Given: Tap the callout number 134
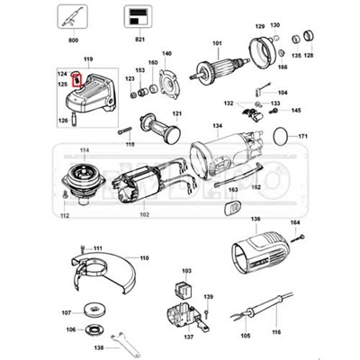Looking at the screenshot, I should [217, 125].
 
